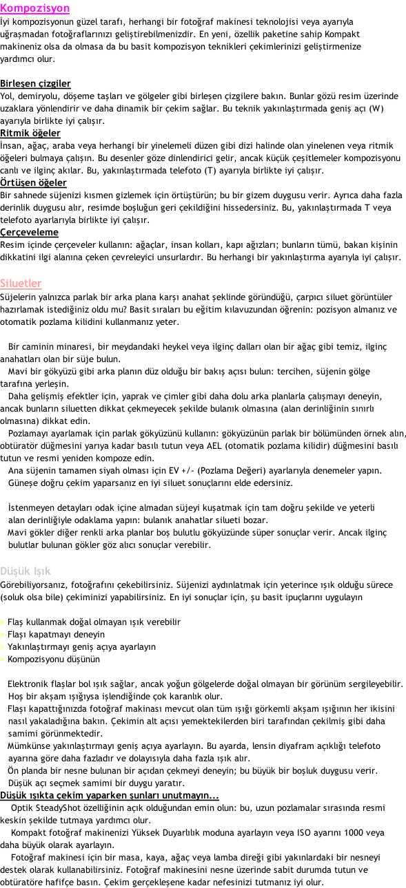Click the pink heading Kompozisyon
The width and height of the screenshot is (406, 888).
pyautogui.click(x=35, y=8)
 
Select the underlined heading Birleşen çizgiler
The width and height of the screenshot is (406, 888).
pyautogui.click(x=35, y=84)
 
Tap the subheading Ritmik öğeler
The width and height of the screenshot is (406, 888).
pyautogui.click(x=30, y=134)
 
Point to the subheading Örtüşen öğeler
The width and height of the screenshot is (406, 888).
pyautogui.click(x=33, y=182)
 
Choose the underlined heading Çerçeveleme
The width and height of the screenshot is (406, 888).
pyautogui.click(x=30, y=232)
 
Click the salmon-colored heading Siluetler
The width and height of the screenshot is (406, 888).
pyautogui.click(x=21, y=284)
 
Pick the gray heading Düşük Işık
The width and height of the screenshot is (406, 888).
pyautogui.click(x=26, y=571)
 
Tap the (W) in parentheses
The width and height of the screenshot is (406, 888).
pyautogui.click(x=376, y=109)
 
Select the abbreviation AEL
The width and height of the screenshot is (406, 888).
pyautogui.click(x=214, y=446)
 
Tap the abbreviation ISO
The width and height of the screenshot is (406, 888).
pyautogui.click(x=305, y=833)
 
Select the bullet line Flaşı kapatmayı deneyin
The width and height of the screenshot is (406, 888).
pyautogui.click(x=56, y=635)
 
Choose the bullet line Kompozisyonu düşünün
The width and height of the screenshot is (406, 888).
pyautogui.click(x=54, y=659)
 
